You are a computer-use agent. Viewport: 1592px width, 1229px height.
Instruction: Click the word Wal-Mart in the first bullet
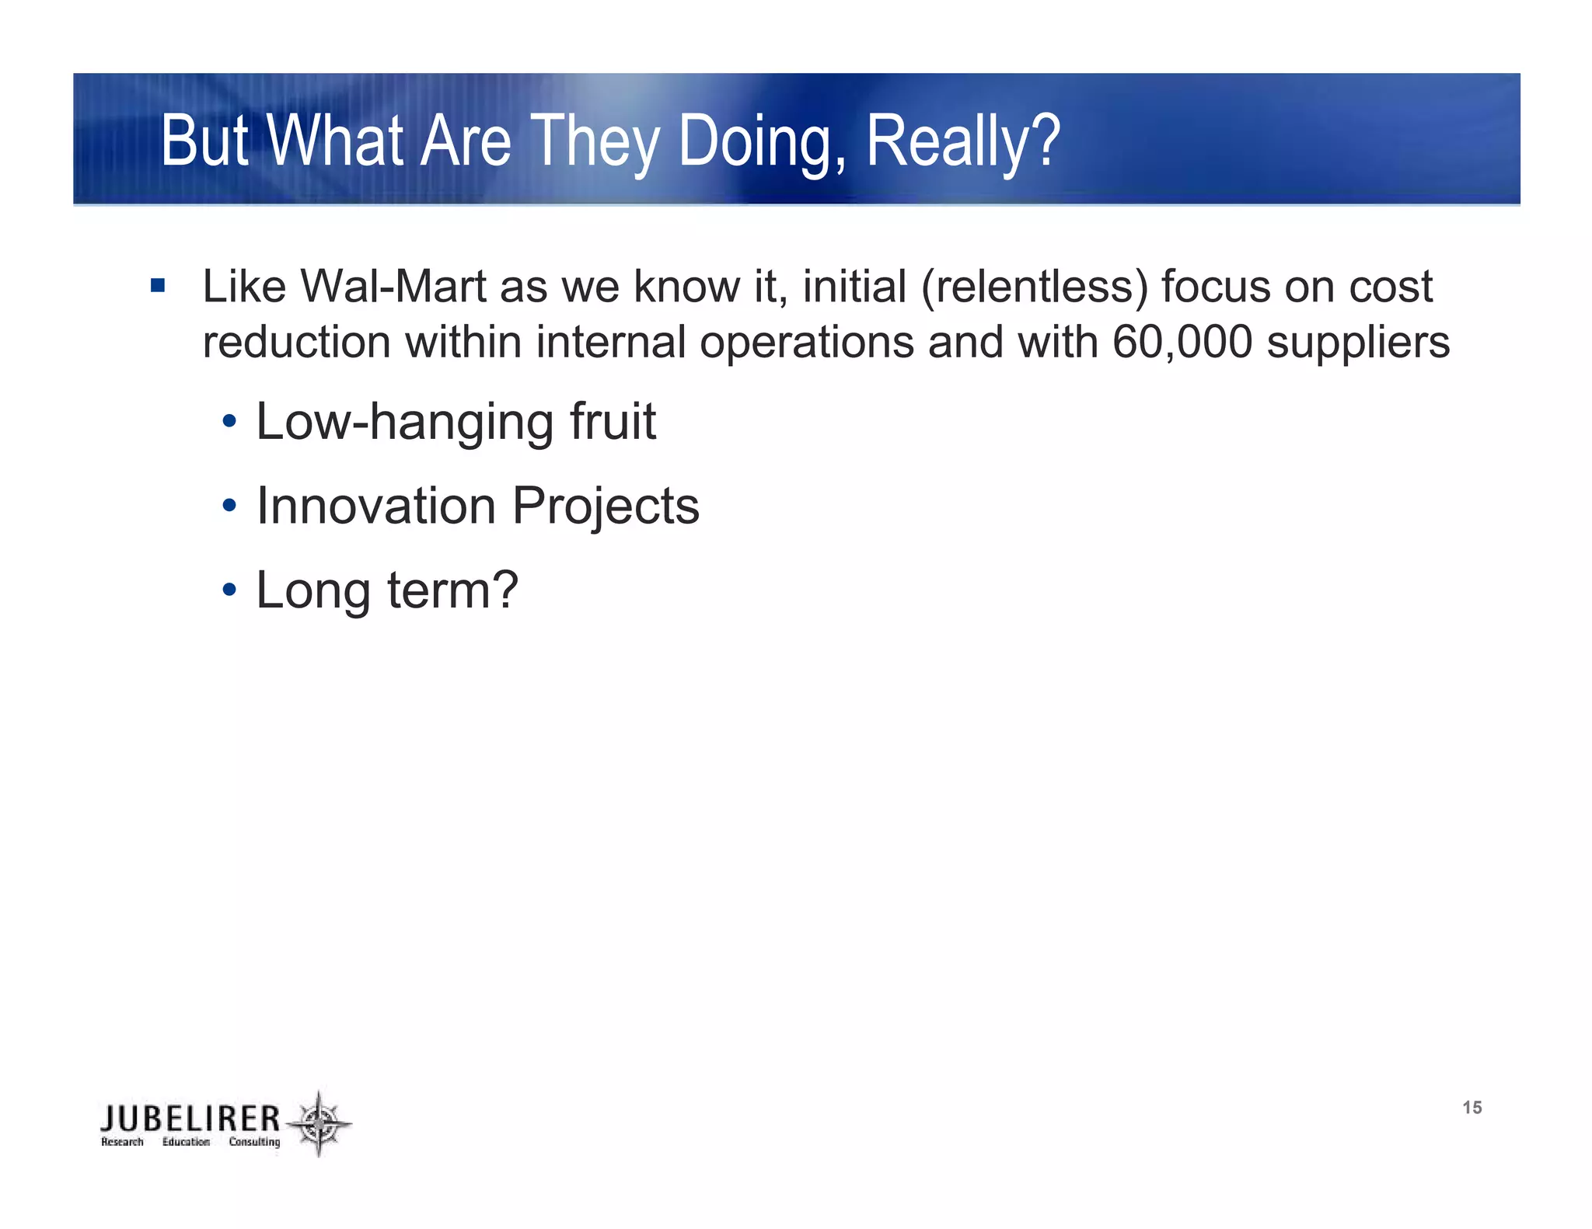coord(393,287)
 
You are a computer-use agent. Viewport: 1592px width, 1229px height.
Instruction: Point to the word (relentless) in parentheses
coord(1035,287)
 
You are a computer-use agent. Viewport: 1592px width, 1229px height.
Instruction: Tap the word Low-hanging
coord(405,423)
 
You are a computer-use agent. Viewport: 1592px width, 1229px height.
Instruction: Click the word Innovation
coord(376,506)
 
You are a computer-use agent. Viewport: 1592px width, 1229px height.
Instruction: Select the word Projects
coord(606,507)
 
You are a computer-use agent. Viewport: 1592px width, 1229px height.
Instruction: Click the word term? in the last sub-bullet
coord(452,590)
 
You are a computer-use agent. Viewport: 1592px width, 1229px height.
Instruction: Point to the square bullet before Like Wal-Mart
coord(158,286)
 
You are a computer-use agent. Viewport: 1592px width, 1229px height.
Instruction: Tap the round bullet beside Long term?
coord(229,590)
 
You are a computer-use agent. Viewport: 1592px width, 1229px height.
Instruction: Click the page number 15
coord(1472,1108)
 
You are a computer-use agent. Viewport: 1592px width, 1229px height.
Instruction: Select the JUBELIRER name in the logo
coord(190,1119)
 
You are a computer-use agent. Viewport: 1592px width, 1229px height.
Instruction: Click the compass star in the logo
coord(319,1123)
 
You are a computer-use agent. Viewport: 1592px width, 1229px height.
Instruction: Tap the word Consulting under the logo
coord(254,1142)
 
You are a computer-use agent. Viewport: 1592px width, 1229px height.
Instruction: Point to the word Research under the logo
coord(122,1142)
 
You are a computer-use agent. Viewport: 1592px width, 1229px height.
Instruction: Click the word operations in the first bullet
coord(807,343)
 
